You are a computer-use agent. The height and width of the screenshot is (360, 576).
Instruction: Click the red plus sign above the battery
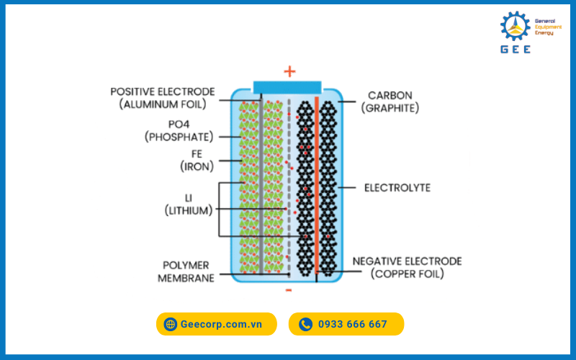coord(289,71)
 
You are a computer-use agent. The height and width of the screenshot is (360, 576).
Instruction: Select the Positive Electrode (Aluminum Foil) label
coord(162,98)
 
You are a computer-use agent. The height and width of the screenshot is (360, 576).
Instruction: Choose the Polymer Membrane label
coord(186,271)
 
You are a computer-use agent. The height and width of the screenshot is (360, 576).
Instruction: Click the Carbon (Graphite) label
coord(390,102)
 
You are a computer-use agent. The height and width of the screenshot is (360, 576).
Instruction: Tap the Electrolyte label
coord(397,188)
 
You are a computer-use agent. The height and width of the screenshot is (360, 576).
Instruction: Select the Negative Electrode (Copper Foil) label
coord(407,267)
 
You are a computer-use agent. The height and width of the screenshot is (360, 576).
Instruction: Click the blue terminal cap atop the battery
coord(288,86)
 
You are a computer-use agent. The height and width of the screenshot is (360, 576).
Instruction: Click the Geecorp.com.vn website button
coord(216,324)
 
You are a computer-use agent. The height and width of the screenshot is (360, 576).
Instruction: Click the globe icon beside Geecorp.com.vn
coord(171,324)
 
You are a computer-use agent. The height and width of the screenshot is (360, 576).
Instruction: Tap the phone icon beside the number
coord(305,324)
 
